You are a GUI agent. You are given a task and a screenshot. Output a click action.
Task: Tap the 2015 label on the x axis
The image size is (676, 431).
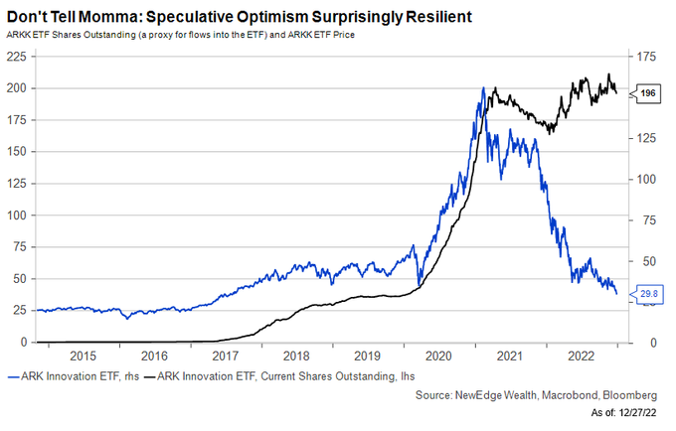pyautogui.click(x=84, y=356)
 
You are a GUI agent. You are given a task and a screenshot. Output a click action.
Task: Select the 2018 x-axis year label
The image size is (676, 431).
pyautogui.click(x=296, y=356)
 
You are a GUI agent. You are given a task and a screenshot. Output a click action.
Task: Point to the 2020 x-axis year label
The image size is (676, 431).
pyautogui.click(x=438, y=356)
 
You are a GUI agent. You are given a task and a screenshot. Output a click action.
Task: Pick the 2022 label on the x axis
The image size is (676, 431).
pyautogui.click(x=580, y=356)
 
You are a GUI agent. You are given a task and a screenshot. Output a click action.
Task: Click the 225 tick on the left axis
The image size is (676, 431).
pyautogui.click(x=18, y=58)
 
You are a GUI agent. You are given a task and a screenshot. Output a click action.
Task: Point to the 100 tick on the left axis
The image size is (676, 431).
pyautogui.click(x=18, y=215)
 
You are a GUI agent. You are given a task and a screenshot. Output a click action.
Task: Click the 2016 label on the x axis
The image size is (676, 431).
pyautogui.click(x=155, y=356)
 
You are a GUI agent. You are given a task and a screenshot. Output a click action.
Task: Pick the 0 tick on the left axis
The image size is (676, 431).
pyautogui.click(x=24, y=343)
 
